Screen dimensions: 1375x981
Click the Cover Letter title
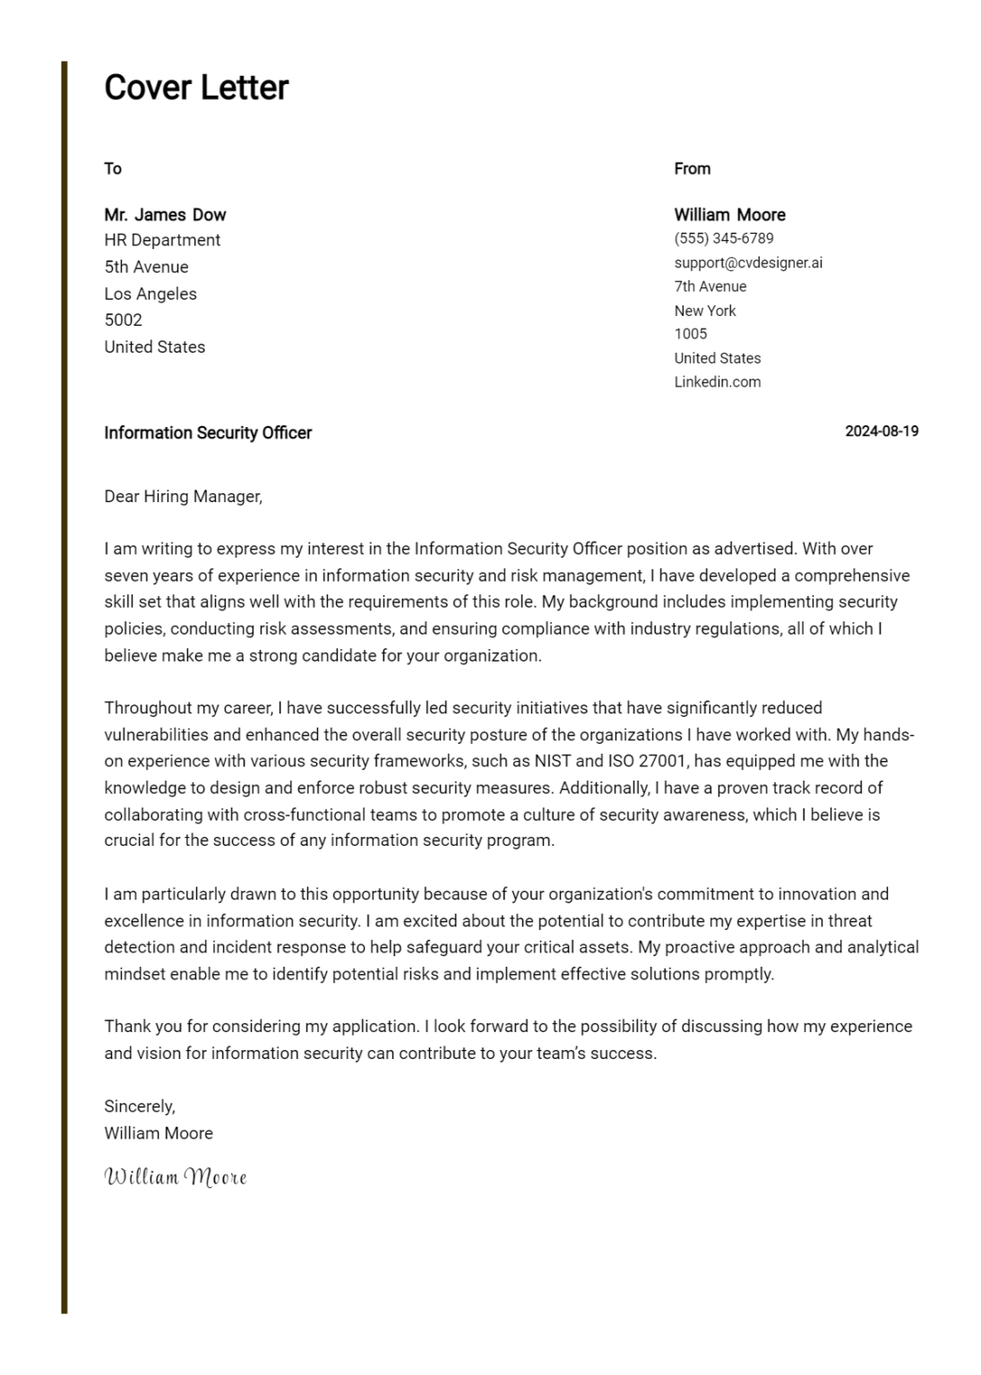pyautogui.click(x=196, y=88)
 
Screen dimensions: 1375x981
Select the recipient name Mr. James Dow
pyautogui.click(x=165, y=215)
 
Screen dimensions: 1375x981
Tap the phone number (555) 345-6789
pyautogui.click(x=723, y=238)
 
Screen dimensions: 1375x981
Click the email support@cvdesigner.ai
pyautogui.click(x=747, y=262)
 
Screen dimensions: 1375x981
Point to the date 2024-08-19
pyautogui.click(x=882, y=431)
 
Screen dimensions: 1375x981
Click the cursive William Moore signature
pyautogui.click(x=175, y=1176)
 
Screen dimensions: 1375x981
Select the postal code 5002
pyautogui.click(x=123, y=320)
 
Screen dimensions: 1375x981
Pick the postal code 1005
pyautogui.click(x=690, y=334)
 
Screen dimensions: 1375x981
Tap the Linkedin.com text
pyautogui.click(x=717, y=381)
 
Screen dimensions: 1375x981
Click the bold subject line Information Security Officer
pyautogui.click(x=208, y=432)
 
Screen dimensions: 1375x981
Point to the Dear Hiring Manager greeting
pyautogui.click(x=183, y=496)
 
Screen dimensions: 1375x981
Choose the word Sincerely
pyautogui.click(x=139, y=1106)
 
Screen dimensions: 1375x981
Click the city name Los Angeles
pyautogui.click(x=150, y=294)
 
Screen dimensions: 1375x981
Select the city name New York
pyautogui.click(x=704, y=311)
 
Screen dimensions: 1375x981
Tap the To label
pyautogui.click(x=112, y=168)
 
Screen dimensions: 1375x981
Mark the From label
pyautogui.click(x=692, y=168)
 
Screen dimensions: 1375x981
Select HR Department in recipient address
pyautogui.click(x=162, y=240)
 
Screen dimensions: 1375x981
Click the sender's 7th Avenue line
pyautogui.click(x=710, y=286)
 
